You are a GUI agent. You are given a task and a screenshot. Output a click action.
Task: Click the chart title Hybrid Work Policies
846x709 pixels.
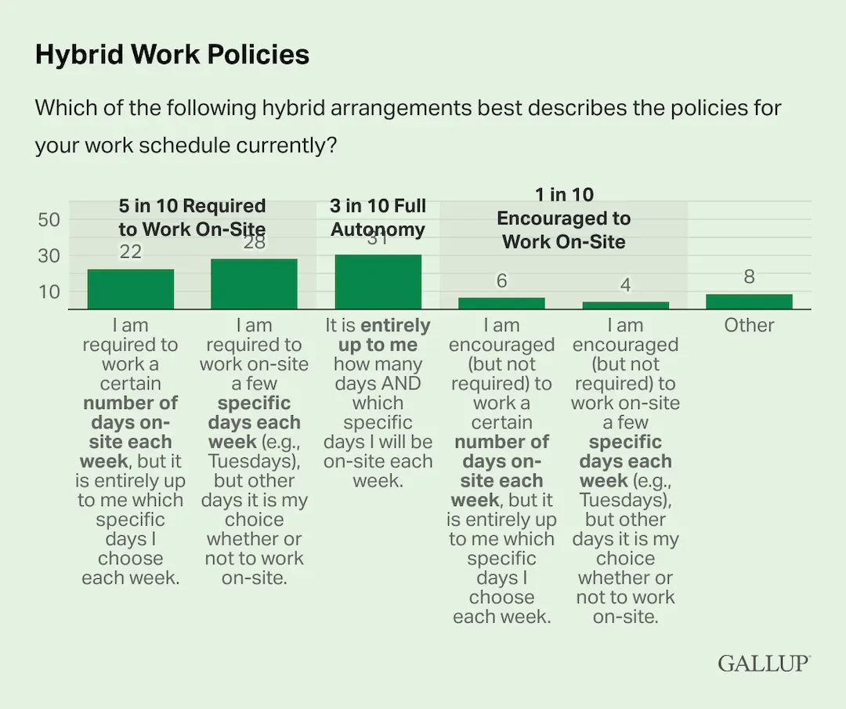coord(172,55)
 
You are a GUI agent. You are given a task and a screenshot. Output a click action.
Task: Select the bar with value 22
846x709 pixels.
coord(131,289)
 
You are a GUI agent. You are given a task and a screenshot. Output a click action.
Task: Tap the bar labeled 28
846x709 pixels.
coord(254,284)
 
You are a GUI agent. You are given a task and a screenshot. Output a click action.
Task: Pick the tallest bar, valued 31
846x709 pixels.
coord(378,281)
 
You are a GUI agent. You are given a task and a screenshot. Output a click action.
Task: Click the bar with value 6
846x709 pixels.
coord(501,303)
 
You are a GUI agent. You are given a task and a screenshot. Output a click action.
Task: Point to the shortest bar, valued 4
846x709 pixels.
coord(625,305)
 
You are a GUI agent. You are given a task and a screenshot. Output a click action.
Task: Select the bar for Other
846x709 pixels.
coord(749,302)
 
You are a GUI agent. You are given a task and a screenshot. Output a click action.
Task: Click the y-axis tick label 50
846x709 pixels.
coord(49,220)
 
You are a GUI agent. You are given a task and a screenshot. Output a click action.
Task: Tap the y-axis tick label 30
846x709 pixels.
coord(49,255)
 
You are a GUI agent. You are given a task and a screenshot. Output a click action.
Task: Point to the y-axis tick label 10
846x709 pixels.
coord(49,291)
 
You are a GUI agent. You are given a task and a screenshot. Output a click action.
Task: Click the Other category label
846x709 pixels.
coord(749,326)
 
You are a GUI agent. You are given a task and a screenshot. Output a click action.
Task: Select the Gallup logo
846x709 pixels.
coord(764,663)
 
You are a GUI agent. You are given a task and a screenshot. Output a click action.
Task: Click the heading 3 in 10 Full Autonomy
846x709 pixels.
coord(378,218)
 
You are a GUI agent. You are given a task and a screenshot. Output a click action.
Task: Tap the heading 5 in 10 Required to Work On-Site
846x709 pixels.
coord(192,218)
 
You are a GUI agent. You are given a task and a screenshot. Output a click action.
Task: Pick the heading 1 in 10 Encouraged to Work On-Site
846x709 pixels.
coord(564,218)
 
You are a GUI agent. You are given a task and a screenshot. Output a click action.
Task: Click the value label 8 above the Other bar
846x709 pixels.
coord(749,277)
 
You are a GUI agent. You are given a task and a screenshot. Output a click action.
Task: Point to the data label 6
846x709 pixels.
coord(501,280)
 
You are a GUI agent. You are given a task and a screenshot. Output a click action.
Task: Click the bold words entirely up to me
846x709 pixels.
coord(378,335)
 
